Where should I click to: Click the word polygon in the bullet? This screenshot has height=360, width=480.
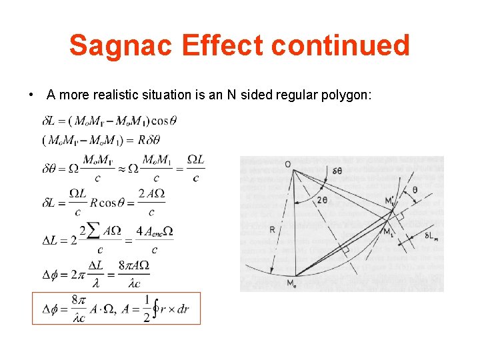[x=346, y=95]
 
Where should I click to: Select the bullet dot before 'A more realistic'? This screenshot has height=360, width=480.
[x=32, y=95]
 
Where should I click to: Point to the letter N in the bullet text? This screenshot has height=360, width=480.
[x=231, y=95]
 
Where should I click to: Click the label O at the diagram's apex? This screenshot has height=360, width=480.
[x=287, y=163]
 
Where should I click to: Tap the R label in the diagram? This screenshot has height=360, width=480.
[x=273, y=229]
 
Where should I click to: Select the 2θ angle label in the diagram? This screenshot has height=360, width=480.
[x=322, y=200]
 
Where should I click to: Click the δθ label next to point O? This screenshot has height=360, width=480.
[x=337, y=171]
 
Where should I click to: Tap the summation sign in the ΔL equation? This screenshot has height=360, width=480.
[x=93, y=231]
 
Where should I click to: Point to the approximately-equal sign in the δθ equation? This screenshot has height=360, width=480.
[x=123, y=168]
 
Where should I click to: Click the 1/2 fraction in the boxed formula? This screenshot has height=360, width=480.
[x=147, y=309]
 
